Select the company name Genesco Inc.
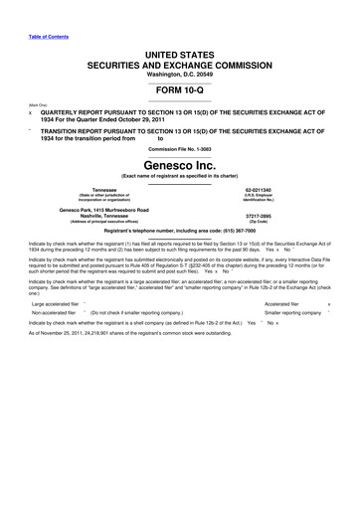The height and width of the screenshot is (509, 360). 179,162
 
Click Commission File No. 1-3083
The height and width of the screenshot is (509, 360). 179,148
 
